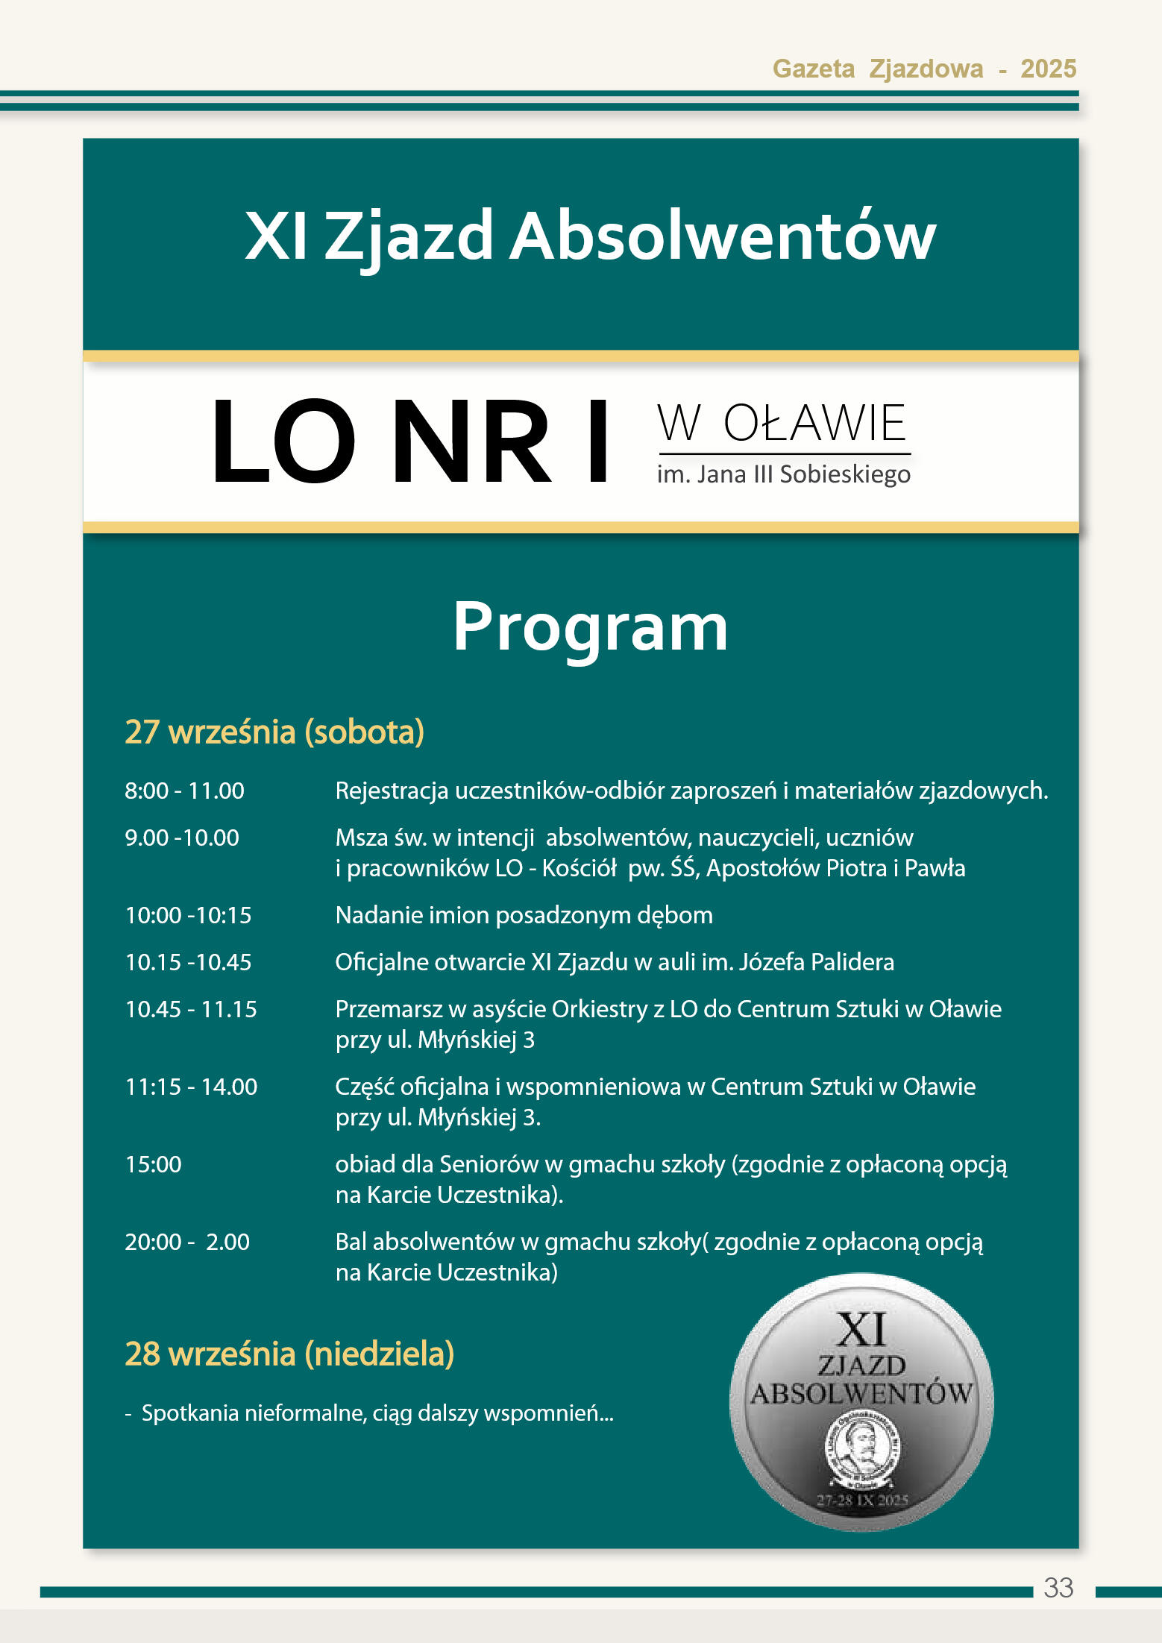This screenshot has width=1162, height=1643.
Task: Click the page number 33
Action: pyautogui.click(x=1058, y=1587)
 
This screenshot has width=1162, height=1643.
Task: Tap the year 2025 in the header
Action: pyautogui.click(x=1048, y=69)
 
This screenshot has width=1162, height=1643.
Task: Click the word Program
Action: pyautogui.click(x=590, y=628)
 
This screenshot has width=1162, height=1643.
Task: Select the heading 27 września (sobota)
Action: pyautogui.click(x=274, y=732)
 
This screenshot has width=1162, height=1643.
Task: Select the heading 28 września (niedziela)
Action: pyautogui.click(x=289, y=1354)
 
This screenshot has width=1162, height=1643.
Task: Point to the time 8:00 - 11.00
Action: pyautogui.click(x=184, y=791)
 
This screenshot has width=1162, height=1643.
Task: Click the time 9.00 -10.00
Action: pyautogui.click(x=182, y=838)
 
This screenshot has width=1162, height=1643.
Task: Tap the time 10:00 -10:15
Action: pyautogui.click(x=188, y=915)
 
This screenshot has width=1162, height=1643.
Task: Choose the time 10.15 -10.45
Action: pyautogui.click(x=188, y=962)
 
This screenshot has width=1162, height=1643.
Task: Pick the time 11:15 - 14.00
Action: pyautogui.click(x=191, y=1087)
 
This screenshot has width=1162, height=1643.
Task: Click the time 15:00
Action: pyautogui.click(x=153, y=1164)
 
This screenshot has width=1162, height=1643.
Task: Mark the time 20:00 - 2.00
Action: pyautogui.click(x=187, y=1242)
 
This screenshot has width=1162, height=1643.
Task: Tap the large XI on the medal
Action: pyautogui.click(x=861, y=1331)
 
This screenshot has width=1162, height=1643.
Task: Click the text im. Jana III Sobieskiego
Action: pyautogui.click(x=783, y=474)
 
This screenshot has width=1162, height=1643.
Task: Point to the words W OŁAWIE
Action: pyautogui.click(x=782, y=424)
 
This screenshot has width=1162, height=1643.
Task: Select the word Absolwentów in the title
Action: pyautogui.click(x=722, y=236)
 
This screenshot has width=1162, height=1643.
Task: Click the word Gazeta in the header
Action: pyautogui.click(x=813, y=69)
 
